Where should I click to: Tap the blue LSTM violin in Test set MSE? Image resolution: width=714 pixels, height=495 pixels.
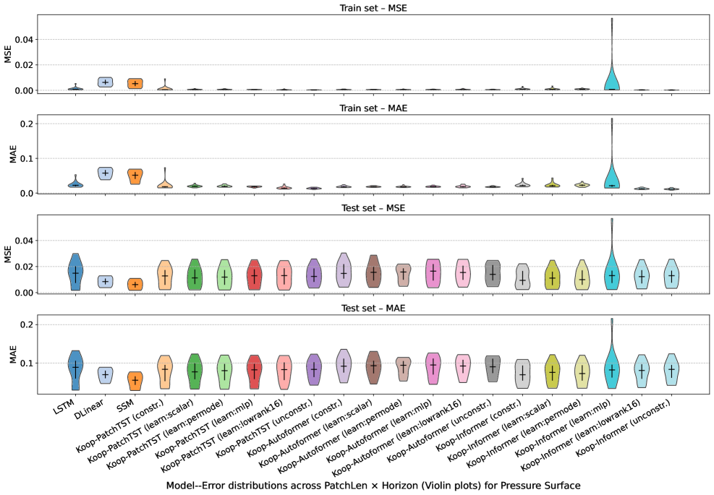point(75,272)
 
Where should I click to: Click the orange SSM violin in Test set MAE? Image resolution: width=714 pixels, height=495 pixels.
point(135,380)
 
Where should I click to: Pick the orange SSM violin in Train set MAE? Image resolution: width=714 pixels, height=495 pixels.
point(135,176)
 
